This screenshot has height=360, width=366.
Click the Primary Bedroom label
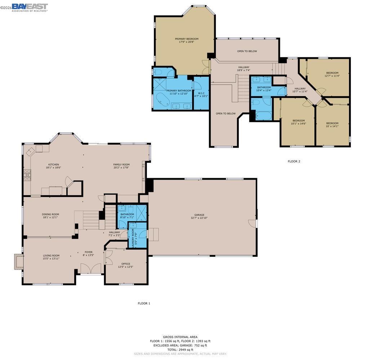(187, 39)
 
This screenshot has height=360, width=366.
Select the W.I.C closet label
(201, 93)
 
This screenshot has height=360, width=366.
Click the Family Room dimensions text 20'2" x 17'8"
(121, 167)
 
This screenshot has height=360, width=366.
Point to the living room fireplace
(18, 261)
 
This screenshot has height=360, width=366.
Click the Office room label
(126, 264)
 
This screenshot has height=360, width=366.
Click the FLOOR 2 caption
(294, 161)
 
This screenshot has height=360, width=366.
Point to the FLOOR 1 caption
(144, 303)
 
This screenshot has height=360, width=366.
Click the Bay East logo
(30, 7)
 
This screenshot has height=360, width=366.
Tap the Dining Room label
(50, 214)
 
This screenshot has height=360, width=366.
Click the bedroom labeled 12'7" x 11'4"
(332, 74)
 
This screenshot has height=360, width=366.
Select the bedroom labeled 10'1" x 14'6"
(298, 122)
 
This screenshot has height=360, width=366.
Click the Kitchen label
(53, 165)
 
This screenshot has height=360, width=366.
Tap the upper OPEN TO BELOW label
(247, 51)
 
